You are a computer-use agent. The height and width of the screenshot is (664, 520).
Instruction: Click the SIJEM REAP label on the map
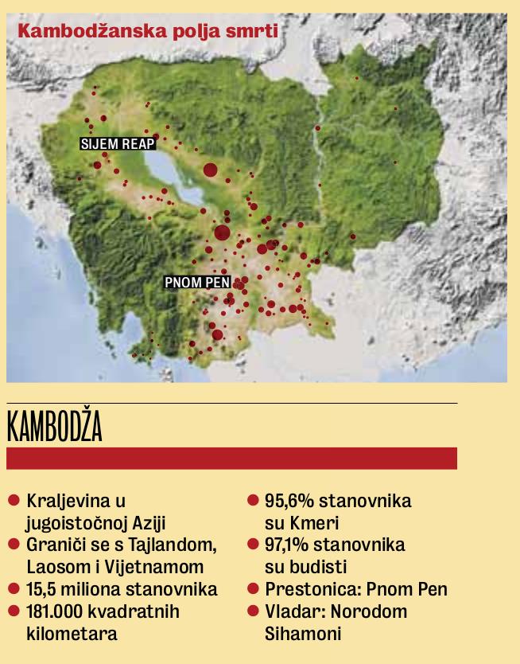pyautogui.click(x=118, y=144)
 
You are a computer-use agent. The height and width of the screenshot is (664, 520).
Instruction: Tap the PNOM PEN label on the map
pyautogui.click(x=197, y=282)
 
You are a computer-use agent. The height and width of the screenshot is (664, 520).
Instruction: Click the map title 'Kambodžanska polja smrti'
pyautogui.click(x=147, y=33)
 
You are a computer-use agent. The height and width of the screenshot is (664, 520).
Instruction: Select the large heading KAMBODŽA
pyautogui.click(x=55, y=428)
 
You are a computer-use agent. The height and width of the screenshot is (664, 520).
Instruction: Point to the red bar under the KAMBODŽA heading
pyautogui.click(x=231, y=458)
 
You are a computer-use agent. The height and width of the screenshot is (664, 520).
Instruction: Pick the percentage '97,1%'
pyautogui.click(x=289, y=545)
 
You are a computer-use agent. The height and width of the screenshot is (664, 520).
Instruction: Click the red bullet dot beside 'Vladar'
pyautogui.click(x=253, y=611)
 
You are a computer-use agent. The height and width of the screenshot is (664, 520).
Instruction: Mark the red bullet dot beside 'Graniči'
pyautogui.click(x=14, y=545)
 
